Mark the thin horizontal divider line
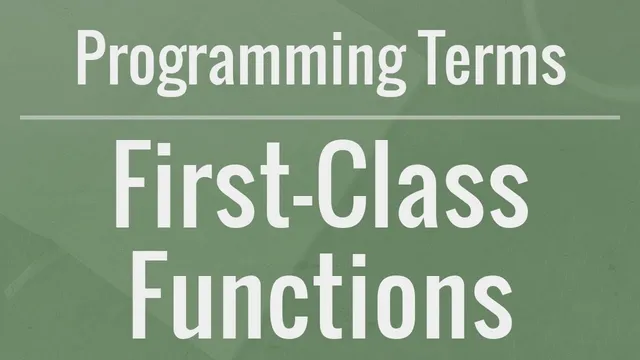(320, 117)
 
